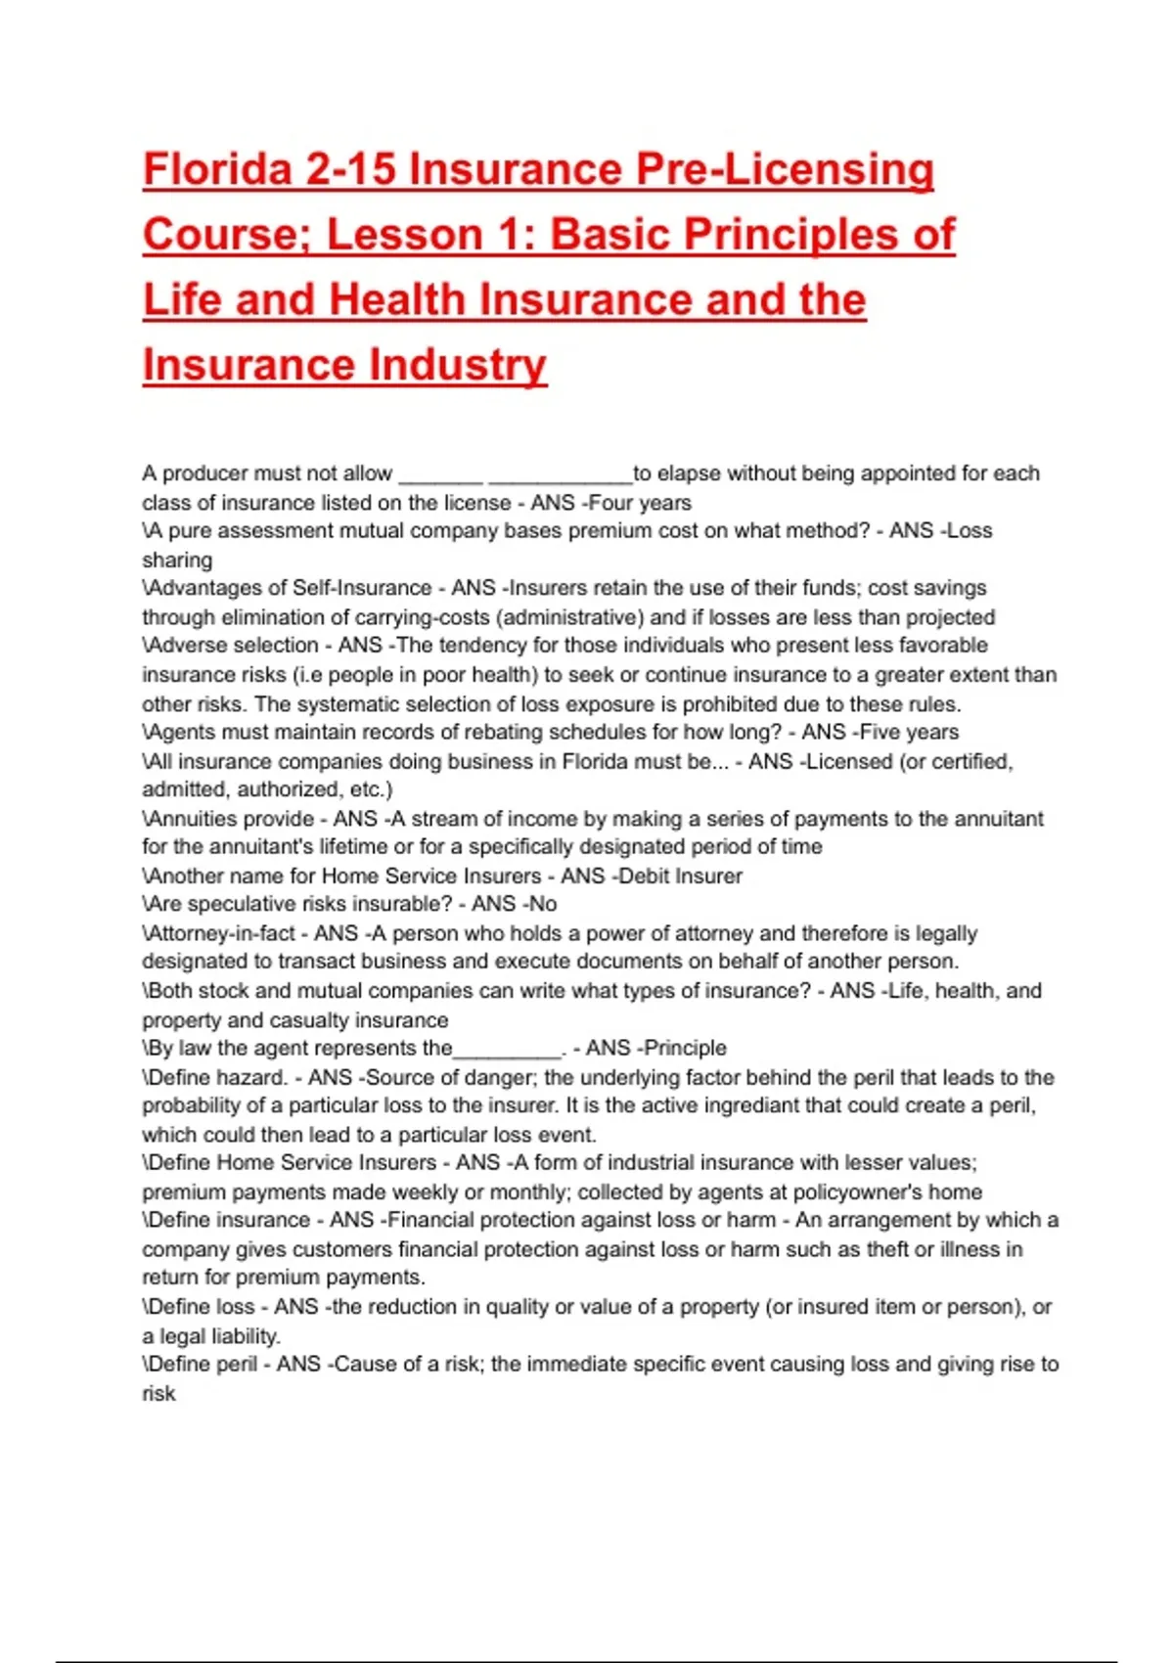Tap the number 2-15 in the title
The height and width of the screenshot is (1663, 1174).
coord(351,169)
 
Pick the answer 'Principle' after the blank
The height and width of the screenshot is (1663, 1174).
coord(684,1048)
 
